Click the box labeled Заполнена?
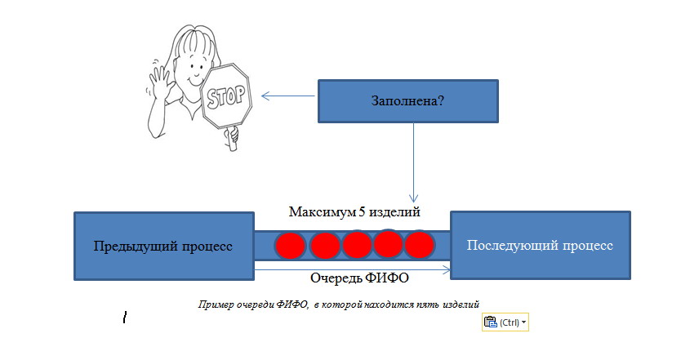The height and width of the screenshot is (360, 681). coord(408,101)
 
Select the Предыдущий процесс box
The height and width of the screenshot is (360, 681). coord(164,246)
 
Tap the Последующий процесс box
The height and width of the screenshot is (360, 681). coord(541,246)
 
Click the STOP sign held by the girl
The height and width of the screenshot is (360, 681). coord(226,96)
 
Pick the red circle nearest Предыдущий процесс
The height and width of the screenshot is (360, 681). coord(290,246)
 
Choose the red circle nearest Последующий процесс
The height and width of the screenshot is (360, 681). coord(420,245)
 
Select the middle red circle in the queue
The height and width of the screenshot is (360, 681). coord(357,245)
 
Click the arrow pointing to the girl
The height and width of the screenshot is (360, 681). coord(288,96)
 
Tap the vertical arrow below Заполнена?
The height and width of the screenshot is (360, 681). coord(413,162)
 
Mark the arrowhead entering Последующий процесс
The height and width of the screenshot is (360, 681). coord(446,270)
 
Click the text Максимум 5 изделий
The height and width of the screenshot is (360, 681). coord(354,212)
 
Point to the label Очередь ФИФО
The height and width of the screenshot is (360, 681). coord(359,278)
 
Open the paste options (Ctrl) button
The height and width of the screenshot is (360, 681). coord(505,322)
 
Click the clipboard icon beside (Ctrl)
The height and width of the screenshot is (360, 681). coord(491,322)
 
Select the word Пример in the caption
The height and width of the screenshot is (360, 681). coord(216,304)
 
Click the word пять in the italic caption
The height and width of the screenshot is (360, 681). coord(427,304)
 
